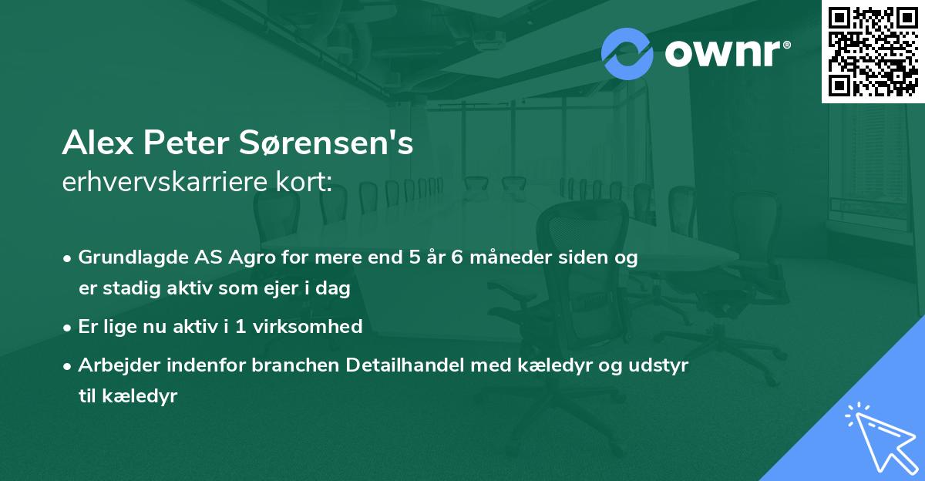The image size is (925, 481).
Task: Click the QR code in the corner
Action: [873, 52]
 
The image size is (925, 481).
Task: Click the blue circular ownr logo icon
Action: [627, 54]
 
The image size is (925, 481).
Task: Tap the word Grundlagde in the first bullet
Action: [126, 257]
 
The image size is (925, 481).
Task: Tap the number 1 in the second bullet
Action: [239, 326]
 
